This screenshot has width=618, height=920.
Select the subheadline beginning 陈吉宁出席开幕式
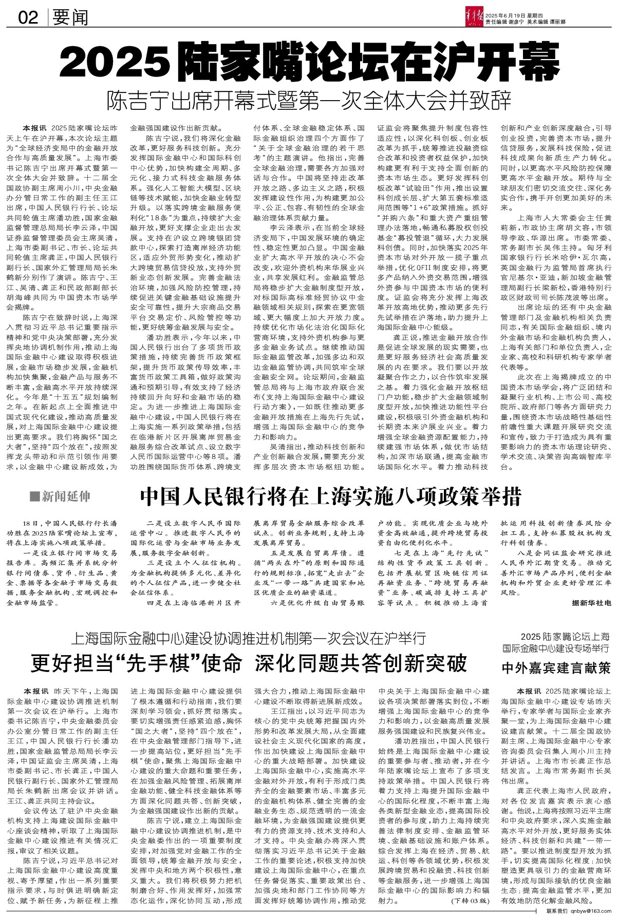point(310,100)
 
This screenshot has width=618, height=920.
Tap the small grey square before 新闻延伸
point(34,496)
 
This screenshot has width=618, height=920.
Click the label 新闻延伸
point(66,496)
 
